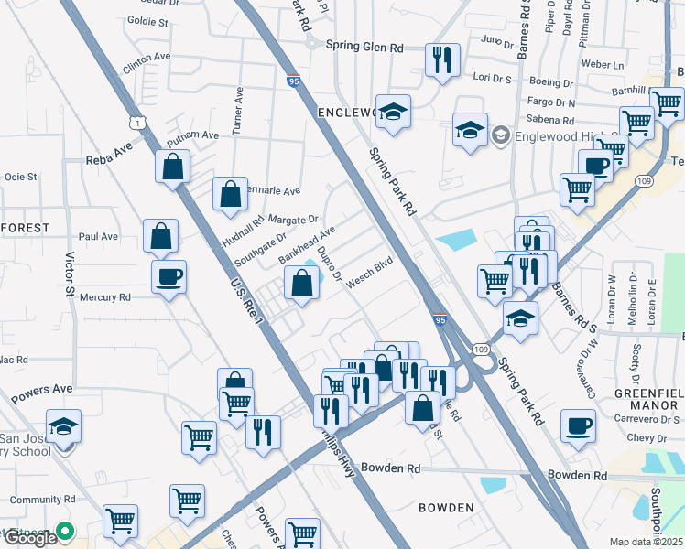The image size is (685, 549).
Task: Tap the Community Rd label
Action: click(42, 500)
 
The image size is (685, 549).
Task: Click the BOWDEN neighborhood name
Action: click(446, 507)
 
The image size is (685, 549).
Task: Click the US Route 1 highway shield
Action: click(136, 122)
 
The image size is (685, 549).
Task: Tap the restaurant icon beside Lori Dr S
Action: click(442, 60)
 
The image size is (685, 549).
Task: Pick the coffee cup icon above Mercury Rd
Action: click(169, 275)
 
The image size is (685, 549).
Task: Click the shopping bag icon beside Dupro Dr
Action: click(302, 283)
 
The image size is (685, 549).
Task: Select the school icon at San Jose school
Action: click(64, 426)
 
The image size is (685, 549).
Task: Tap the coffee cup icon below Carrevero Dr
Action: click(578, 425)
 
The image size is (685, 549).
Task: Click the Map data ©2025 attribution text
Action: click(646, 542)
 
